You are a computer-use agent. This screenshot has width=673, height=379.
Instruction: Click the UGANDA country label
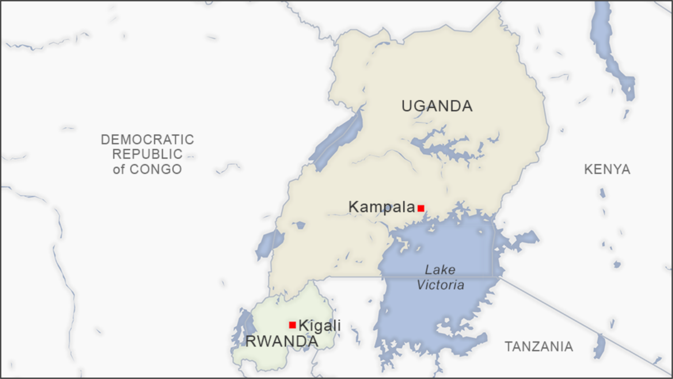[437, 106]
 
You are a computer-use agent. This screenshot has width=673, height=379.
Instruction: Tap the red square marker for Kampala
[421, 208]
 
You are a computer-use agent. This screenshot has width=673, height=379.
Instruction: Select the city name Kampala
[381, 207]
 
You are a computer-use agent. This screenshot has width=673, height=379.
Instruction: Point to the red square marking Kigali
[292, 325]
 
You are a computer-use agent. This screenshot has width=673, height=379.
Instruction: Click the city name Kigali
[320, 325]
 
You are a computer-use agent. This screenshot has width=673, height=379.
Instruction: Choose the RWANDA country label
[282, 341]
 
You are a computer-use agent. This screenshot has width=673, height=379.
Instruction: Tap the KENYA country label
[607, 170]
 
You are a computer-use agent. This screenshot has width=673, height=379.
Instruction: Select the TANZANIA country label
[538, 347]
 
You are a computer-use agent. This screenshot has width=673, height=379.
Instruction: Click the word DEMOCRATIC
[147, 140]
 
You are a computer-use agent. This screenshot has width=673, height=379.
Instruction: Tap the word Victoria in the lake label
[440, 285]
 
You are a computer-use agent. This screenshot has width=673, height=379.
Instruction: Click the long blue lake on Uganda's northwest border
[336, 138]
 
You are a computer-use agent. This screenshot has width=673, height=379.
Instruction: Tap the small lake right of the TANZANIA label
[600, 346]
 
